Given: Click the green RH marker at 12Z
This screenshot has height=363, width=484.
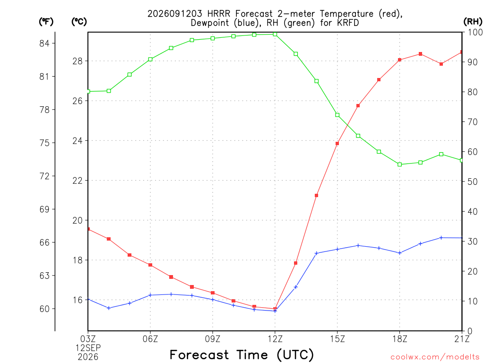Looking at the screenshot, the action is tap(275, 34).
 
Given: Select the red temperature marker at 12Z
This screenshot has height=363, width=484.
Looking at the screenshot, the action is tap(275, 309).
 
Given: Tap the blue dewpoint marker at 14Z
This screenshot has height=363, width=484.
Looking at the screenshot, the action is tap(316, 253).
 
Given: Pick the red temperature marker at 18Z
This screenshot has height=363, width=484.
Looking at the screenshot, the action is tap(399, 60).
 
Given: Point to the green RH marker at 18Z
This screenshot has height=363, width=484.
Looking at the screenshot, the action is tap(399, 164).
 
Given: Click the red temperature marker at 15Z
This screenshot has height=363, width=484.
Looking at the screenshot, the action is tap(337, 143).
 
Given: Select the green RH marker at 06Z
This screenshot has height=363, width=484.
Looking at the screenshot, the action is tap(150, 59).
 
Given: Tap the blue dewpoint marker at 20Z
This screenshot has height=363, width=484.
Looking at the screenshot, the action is tap(441, 238).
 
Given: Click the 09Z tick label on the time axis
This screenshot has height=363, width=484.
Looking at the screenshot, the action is tap(213, 339).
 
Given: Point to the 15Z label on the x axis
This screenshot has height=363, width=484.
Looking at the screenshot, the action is tap(337, 339).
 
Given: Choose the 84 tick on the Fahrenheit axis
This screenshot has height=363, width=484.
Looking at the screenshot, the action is tap(44, 43).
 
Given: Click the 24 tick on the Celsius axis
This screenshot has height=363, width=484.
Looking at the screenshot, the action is tap(78, 141).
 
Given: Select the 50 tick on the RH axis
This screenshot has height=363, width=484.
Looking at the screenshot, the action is tap(472, 181).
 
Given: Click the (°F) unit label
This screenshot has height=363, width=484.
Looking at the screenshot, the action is tap(46, 22).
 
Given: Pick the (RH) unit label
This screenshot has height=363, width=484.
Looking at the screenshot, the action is tap(473, 22).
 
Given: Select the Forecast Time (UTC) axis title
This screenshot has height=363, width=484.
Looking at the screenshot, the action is tap(242, 355).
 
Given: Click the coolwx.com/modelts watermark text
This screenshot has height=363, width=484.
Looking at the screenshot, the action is tap(435, 357).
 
